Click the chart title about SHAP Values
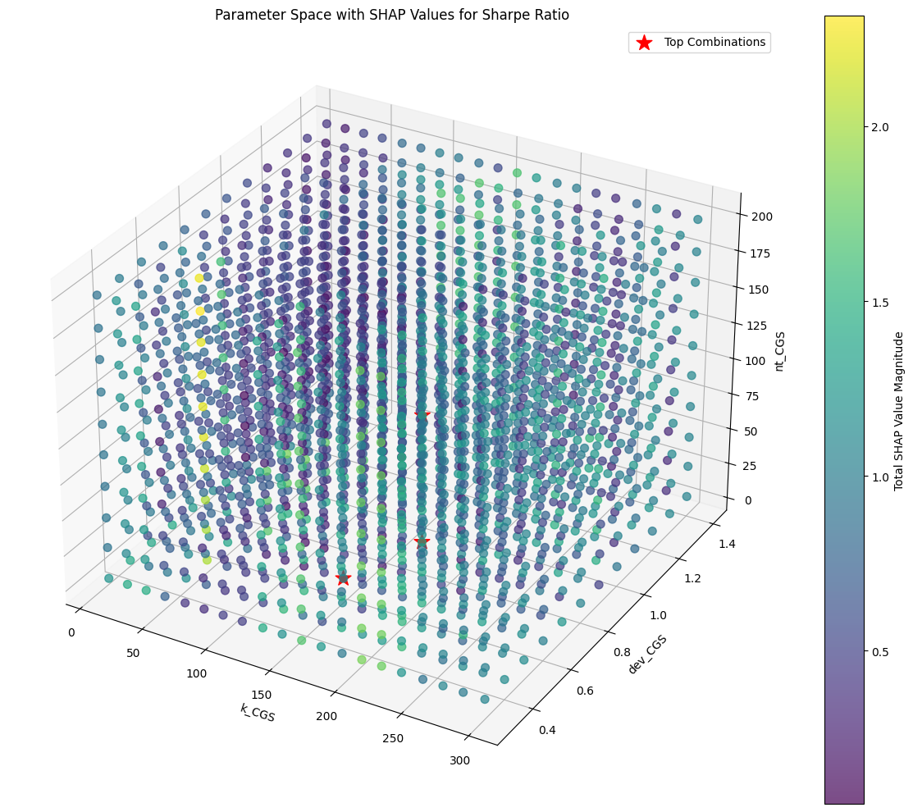click(391, 15)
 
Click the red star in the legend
click(644, 42)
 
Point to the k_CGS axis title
click(258, 712)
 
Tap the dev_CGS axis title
click(646, 654)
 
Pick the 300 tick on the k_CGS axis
click(459, 760)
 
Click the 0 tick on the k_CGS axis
click(71, 632)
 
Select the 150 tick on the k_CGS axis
click(262, 695)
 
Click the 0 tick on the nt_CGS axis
click(751, 500)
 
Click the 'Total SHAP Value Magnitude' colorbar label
click(898, 410)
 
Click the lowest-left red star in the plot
click(343, 578)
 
